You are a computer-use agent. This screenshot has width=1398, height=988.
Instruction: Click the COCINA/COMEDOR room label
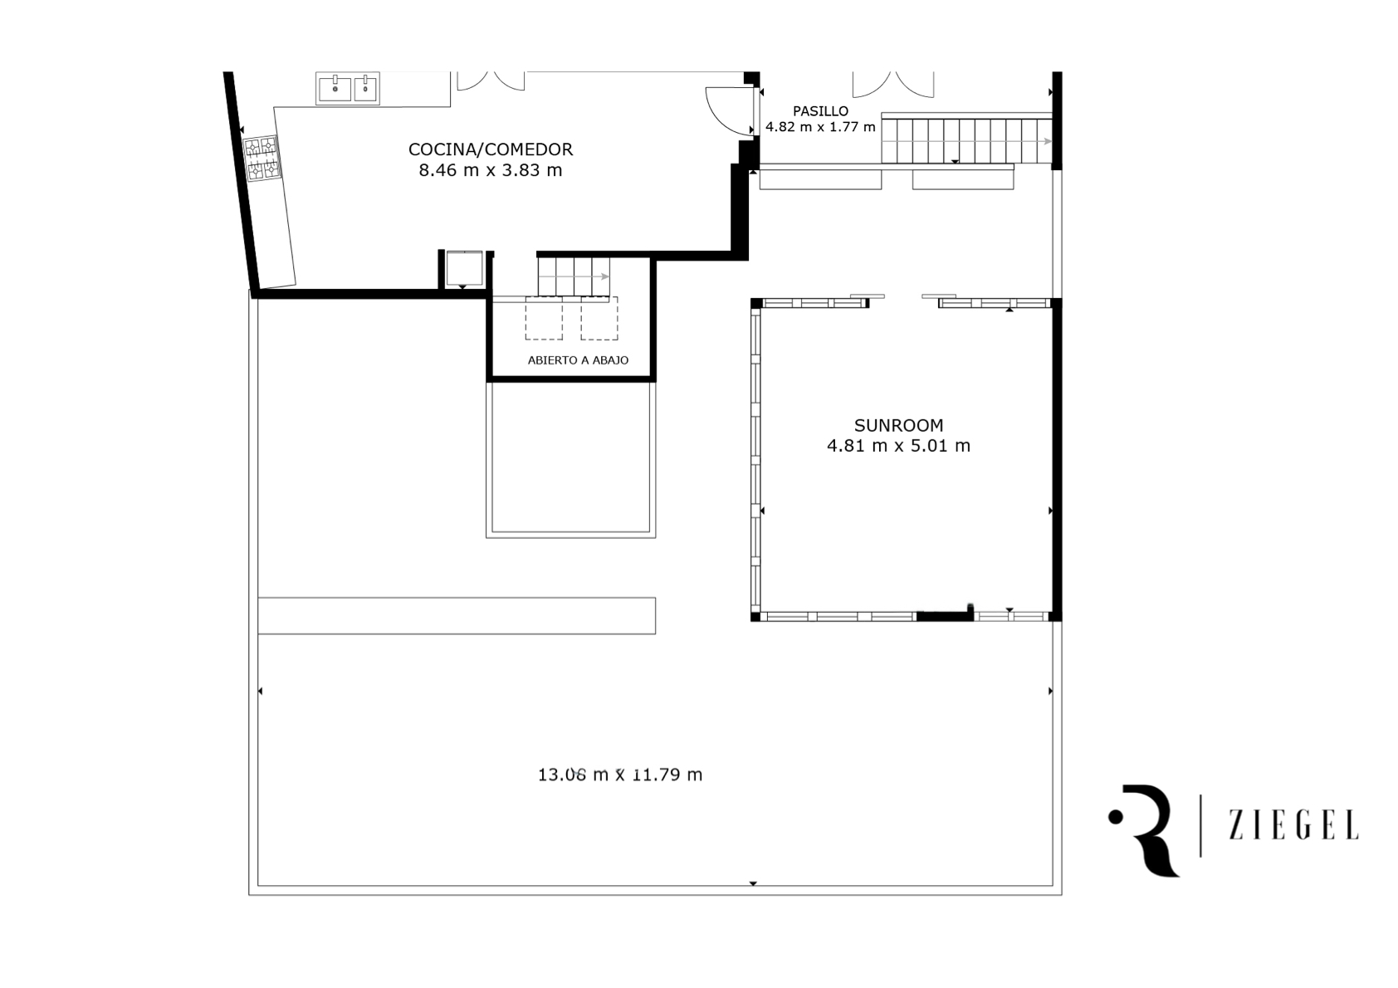tap(491, 149)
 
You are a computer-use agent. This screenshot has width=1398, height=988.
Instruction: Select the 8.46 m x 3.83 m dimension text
tap(491, 170)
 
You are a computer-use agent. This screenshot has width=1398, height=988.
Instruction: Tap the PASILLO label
tap(821, 111)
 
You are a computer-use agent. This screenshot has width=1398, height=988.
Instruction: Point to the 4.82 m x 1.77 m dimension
tap(821, 127)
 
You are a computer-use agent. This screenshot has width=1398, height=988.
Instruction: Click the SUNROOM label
tap(899, 426)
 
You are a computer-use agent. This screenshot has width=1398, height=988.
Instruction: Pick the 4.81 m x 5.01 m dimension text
tap(899, 446)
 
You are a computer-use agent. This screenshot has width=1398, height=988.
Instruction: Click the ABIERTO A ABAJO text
tap(578, 360)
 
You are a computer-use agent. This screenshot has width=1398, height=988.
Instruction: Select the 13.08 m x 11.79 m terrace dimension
tap(620, 775)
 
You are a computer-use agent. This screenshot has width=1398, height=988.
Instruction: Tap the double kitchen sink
tap(348, 88)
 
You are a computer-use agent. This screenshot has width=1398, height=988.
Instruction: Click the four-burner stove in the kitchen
tap(262, 159)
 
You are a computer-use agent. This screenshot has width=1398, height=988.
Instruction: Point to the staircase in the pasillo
tap(967, 139)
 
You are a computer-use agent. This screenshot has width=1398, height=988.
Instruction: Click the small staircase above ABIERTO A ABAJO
tap(574, 278)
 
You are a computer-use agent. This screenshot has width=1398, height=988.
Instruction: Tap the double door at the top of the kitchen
tap(491, 81)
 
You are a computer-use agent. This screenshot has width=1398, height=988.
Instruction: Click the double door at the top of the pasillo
tap(893, 84)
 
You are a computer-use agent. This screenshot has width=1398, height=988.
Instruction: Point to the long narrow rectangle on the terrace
tap(457, 616)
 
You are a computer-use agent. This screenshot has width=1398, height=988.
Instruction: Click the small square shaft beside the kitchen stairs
tap(464, 269)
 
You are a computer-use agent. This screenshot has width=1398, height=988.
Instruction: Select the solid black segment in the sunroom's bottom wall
tap(945, 616)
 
